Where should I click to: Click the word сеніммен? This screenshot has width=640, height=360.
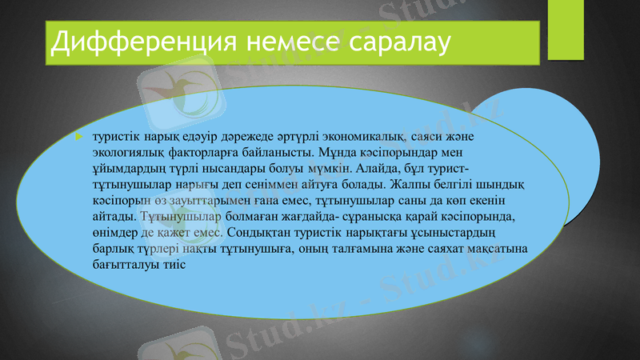253,185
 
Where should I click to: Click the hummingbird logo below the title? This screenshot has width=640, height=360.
184,92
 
